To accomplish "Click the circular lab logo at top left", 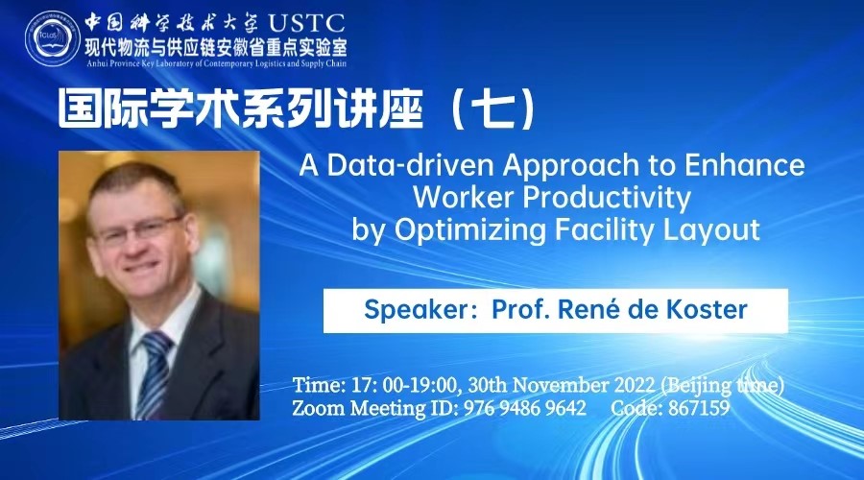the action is pos(53,39).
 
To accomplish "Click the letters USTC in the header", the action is pos(306,23).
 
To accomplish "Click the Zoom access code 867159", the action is pos(699,408).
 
